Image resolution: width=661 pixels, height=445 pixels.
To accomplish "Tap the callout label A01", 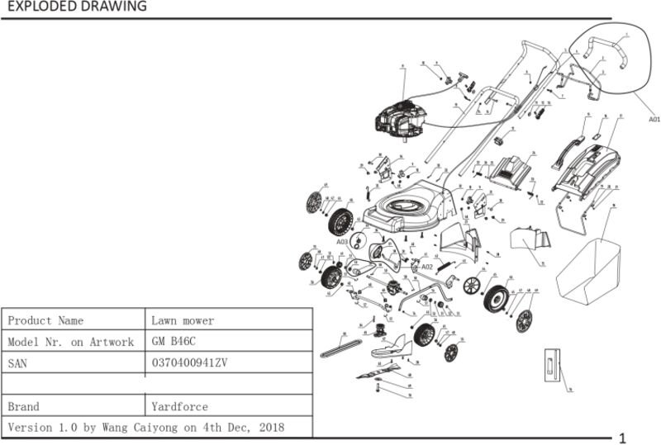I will tap(654, 119).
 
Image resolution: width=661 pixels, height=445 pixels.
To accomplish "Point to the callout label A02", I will tap(427, 267).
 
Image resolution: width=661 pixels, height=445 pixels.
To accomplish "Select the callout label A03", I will tap(343, 242).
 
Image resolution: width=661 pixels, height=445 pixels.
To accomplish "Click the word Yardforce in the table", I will tap(179, 406).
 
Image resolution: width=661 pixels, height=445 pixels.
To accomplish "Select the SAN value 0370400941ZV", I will tap(190, 362).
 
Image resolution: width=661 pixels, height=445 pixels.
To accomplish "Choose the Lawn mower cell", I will tap(182, 320).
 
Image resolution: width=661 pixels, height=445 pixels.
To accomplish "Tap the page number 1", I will tap(622, 437).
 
